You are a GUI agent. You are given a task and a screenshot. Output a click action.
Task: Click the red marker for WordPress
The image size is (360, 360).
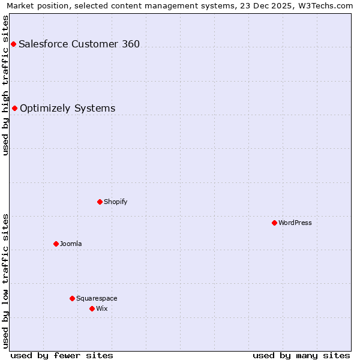point(274,223)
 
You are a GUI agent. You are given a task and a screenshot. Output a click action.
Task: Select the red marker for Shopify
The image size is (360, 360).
point(100,202)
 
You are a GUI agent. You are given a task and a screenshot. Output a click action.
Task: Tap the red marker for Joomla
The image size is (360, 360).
point(56,244)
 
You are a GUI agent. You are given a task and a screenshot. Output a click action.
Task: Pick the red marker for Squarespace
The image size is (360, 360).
point(72,298)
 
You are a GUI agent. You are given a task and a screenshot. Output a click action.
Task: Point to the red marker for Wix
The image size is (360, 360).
point(92,308)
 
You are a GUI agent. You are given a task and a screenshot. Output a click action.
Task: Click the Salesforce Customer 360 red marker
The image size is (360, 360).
point(13,44)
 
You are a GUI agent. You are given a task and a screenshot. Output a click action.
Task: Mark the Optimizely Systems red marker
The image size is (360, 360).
point(14,108)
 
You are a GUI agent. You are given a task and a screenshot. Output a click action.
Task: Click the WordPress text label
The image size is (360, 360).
point(295,223)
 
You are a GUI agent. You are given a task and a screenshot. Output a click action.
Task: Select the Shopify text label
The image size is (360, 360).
point(116,202)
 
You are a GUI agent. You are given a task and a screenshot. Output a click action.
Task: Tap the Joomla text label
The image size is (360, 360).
point(71,244)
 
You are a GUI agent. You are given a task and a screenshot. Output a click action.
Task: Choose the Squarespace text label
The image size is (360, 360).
point(97,298)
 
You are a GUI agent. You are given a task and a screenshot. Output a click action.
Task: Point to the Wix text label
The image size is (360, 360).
point(102,308)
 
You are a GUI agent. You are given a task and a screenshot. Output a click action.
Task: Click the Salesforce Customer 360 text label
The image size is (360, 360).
point(79,44)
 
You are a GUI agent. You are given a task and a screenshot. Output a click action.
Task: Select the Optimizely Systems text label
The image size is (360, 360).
point(68,108)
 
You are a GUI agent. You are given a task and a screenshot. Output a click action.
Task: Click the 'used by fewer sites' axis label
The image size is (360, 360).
point(62,355)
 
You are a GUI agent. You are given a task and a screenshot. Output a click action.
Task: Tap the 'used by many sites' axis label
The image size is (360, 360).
point(301,355)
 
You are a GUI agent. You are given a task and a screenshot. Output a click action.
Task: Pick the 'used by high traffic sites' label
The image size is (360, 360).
point(6,85)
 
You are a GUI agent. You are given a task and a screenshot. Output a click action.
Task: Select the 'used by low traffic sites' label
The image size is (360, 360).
point(6,281)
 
